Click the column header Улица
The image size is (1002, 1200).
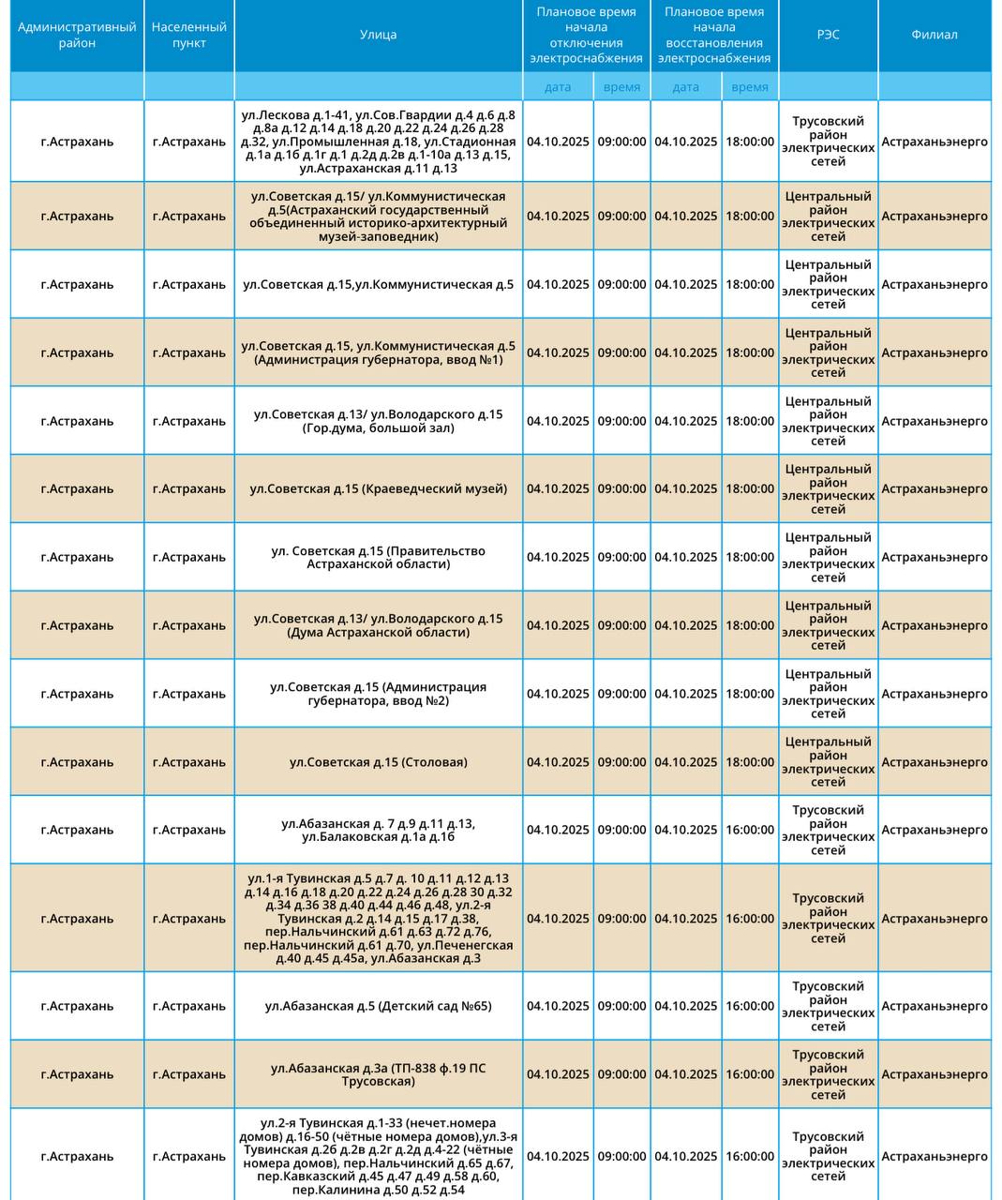[378, 35]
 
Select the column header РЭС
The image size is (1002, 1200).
[828, 35]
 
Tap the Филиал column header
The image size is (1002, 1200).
[934, 35]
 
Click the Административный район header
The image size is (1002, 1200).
[77, 36]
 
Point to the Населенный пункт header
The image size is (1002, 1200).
[189, 36]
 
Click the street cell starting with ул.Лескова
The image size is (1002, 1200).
[378, 142]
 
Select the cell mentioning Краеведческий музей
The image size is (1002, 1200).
[378, 488]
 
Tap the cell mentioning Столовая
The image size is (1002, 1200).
[378, 762]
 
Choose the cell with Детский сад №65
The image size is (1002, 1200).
[378, 1006]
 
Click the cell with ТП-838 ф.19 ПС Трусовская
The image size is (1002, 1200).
[378, 1074]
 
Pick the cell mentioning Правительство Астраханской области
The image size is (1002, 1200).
[378, 557]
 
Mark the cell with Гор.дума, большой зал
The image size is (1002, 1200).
[378, 421]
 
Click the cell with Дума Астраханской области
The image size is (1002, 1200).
[378, 625]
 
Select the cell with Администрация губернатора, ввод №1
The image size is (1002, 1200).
[378, 352]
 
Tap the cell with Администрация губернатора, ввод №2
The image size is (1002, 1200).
[378, 694]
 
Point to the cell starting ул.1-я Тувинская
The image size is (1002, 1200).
[378, 919]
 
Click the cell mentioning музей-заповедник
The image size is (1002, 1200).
[378, 217]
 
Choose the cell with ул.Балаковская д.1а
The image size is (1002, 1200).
[378, 830]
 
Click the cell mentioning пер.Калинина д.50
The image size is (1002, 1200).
[378, 1156]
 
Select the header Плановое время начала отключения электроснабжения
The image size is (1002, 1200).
[586, 36]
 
